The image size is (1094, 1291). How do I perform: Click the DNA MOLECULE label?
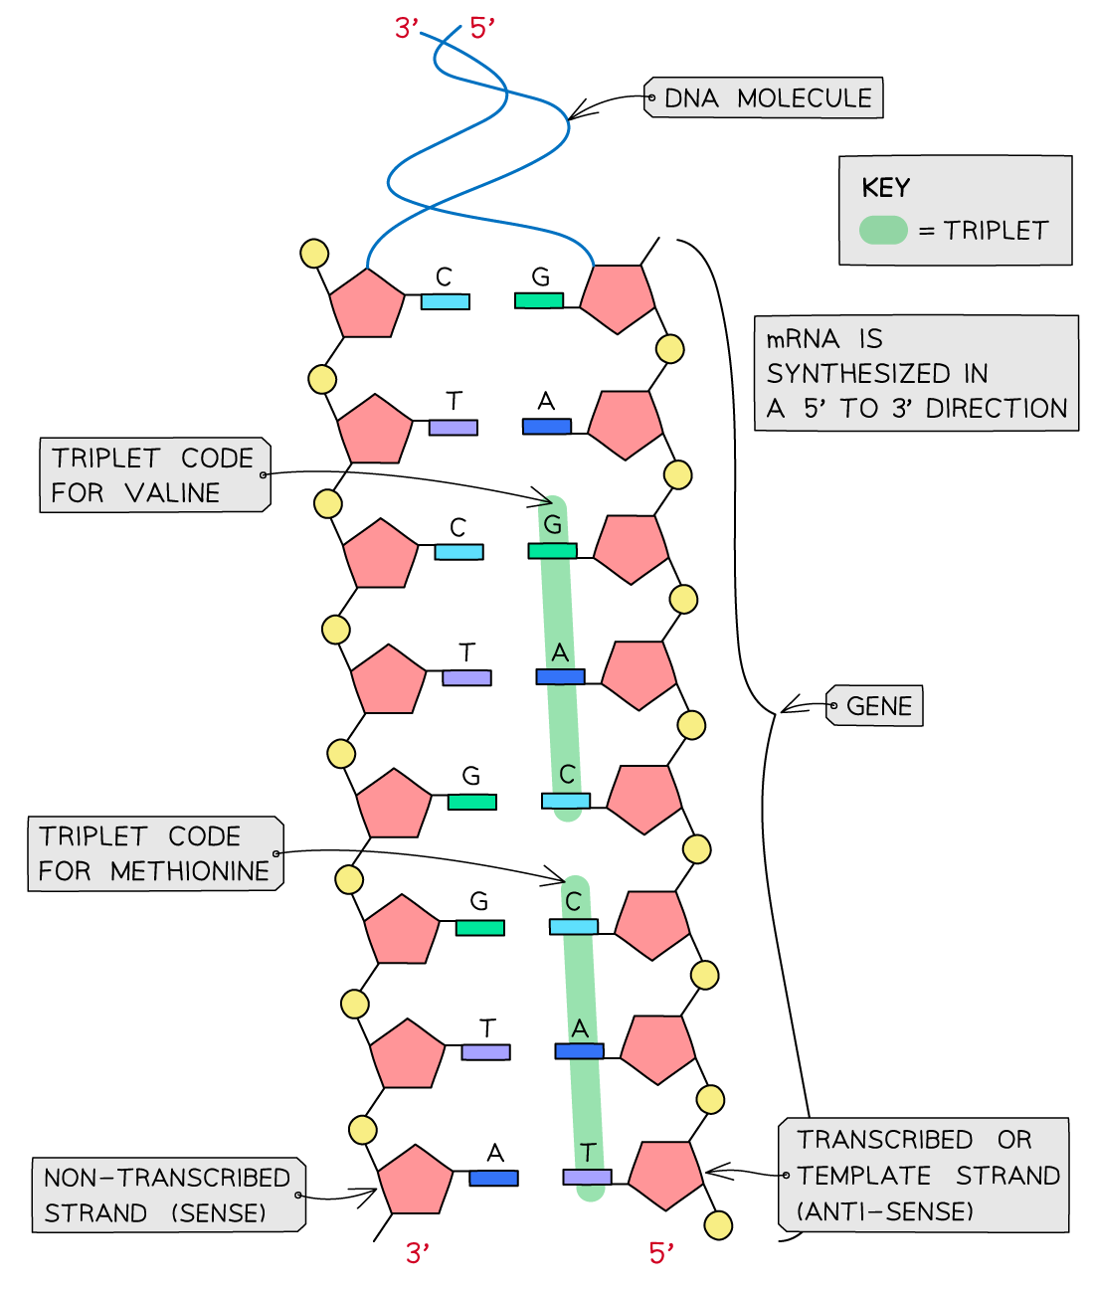(x=767, y=97)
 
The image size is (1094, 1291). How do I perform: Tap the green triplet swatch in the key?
(x=883, y=230)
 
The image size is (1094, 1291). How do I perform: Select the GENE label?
(x=878, y=706)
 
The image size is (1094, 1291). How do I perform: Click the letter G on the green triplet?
(x=553, y=524)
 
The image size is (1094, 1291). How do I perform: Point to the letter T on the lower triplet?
(x=588, y=1153)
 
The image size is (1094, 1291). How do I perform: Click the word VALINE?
(x=172, y=492)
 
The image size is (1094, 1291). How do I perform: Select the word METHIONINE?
(x=190, y=871)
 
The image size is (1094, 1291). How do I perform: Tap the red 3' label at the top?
(x=406, y=28)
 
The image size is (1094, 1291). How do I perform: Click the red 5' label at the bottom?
(x=661, y=1253)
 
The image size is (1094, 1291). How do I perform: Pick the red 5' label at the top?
(x=482, y=28)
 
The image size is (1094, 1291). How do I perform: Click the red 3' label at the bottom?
(x=418, y=1253)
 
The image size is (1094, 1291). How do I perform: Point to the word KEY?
(x=885, y=188)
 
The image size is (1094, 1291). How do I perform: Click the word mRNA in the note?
(x=803, y=339)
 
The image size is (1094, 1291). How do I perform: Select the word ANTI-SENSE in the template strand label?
(x=885, y=1211)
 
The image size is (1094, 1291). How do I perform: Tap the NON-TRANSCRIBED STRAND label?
(x=167, y=1195)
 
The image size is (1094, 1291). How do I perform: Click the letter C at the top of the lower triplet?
(x=573, y=902)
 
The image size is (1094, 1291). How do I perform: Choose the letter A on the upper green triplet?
(x=560, y=652)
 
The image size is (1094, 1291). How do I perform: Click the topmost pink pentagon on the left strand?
(x=367, y=302)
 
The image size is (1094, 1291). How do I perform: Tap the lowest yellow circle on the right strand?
(x=718, y=1225)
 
